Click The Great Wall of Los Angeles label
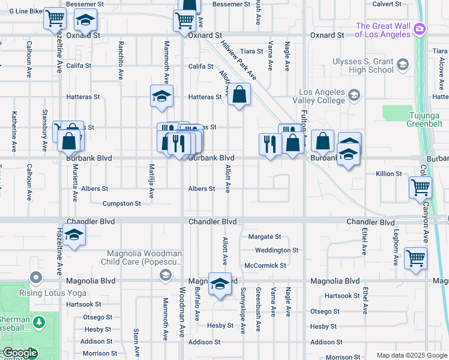pyautogui.click(x=382, y=30)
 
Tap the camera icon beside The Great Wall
pyautogui.click(x=420, y=29)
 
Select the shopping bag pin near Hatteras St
pyautogui.click(x=239, y=95)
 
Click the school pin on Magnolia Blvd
pyautogui.click(x=220, y=283)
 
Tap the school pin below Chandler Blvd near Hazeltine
pyautogui.click(x=74, y=234)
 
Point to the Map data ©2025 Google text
pyautogui.click(x=411, y=355)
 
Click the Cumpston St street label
pyautogui.click(x=121, y=204)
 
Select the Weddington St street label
pyautogui.click(x=276, y=250)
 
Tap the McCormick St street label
pyautogui.click(x=265, y=265)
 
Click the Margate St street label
pyautogui.click(x=264, y=237)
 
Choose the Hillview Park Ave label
pyautogui.click(x=239, y=62)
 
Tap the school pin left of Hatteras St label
pyautogui.click(x=161, y=96)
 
